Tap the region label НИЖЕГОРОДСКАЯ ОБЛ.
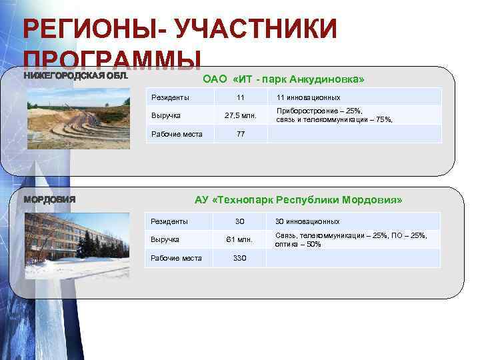coord(75,75)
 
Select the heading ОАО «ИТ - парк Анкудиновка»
coord(283,79)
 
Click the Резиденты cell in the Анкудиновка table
coord(170,97)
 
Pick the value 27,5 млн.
coord(241,115)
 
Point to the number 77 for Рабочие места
coord(241,134)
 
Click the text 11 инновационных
coord(308,97)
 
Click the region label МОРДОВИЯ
coord(50,199)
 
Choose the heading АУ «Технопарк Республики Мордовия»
coord(298,199)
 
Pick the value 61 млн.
coord(239,239)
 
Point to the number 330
coord(239,258)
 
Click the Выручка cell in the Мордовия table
coord(164,239)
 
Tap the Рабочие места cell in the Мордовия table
coord(176,258)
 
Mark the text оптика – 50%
coord(298,244)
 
